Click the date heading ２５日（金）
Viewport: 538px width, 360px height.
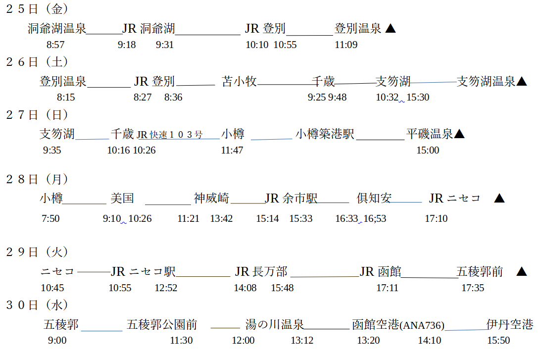(37, 9)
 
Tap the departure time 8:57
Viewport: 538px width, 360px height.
(55, 45)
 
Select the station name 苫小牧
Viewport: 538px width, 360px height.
(240, 81)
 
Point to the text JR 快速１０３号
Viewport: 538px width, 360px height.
(170, 134)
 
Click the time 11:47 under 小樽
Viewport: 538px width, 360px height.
(232, 150)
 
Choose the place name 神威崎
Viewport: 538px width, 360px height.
(212, 199)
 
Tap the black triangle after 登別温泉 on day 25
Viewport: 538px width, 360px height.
(391, 29)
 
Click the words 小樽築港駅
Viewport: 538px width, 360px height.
(325, 134)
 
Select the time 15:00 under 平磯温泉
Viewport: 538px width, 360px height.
(428, 150)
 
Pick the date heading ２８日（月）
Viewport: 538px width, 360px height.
(37, 179)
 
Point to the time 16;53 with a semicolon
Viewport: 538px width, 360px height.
(375, 218)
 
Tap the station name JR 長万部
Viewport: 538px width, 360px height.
(261, 271)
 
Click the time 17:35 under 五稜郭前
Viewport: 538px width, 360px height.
(473, 288)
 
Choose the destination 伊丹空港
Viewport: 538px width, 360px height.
(510, 324)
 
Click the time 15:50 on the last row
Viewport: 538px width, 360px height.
(498, 340)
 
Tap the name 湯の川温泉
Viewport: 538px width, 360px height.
(275, 325)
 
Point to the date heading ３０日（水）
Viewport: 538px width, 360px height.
(37, 305)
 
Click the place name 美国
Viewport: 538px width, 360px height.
(122, 199)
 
